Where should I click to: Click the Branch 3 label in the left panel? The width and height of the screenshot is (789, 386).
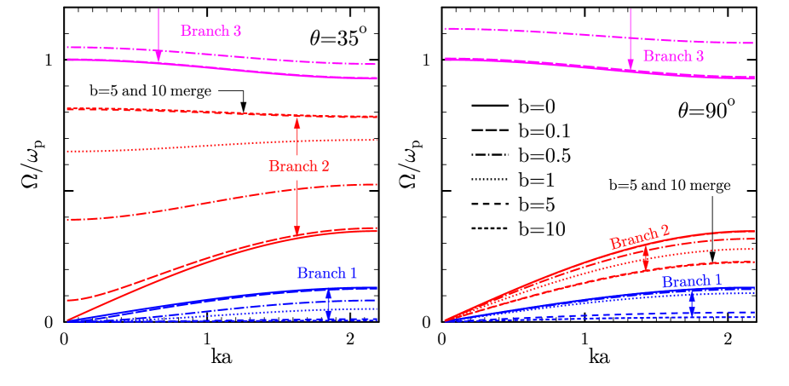click(211, 32)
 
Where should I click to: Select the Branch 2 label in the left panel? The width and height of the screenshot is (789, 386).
click(299, 166)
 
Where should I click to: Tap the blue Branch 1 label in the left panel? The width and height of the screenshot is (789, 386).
click(327, 274)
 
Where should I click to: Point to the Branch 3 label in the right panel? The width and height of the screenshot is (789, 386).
click(673, 56)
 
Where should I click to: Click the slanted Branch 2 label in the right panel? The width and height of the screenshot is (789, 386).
click(640, 238)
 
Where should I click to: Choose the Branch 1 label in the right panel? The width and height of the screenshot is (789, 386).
click(692, 281)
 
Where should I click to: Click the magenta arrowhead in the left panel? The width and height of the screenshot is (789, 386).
click(158, 56)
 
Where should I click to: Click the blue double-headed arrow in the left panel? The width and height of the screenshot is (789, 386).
click(329, 304)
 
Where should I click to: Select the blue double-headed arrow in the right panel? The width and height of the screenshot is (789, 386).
click(692, 302)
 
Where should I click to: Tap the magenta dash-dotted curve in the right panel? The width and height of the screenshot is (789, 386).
click(554, 33)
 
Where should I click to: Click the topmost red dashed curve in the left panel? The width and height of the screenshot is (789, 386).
click(170, 111)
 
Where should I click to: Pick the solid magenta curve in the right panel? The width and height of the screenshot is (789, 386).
click(554, 63)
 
